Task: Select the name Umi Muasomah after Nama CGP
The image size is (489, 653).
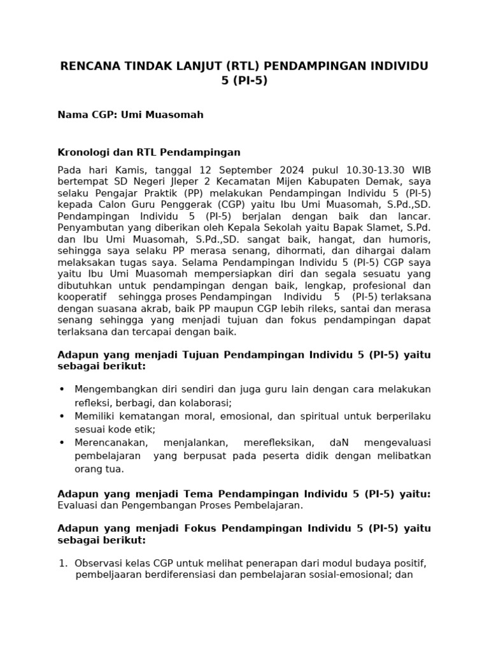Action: tap(172, 115)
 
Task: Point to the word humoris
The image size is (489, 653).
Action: tap(408, 239)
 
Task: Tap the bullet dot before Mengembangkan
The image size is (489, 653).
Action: tap(62, 390)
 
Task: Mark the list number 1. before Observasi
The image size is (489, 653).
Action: tap(62, 563)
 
